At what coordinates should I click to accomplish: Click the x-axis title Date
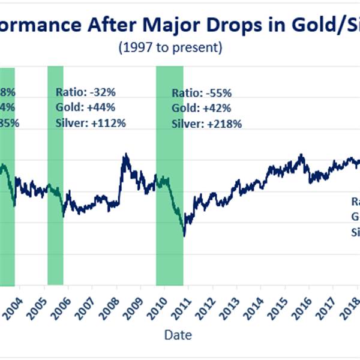click(178, 334)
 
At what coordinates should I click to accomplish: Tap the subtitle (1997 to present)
click(179, 47)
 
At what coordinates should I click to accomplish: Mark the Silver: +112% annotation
click(91, 123)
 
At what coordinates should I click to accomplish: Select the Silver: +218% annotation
click(207, 124)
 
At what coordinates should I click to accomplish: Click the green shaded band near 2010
click(169, 180)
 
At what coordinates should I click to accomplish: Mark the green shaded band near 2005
click(55, 180)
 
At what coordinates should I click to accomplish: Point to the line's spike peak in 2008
click(125, 155)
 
